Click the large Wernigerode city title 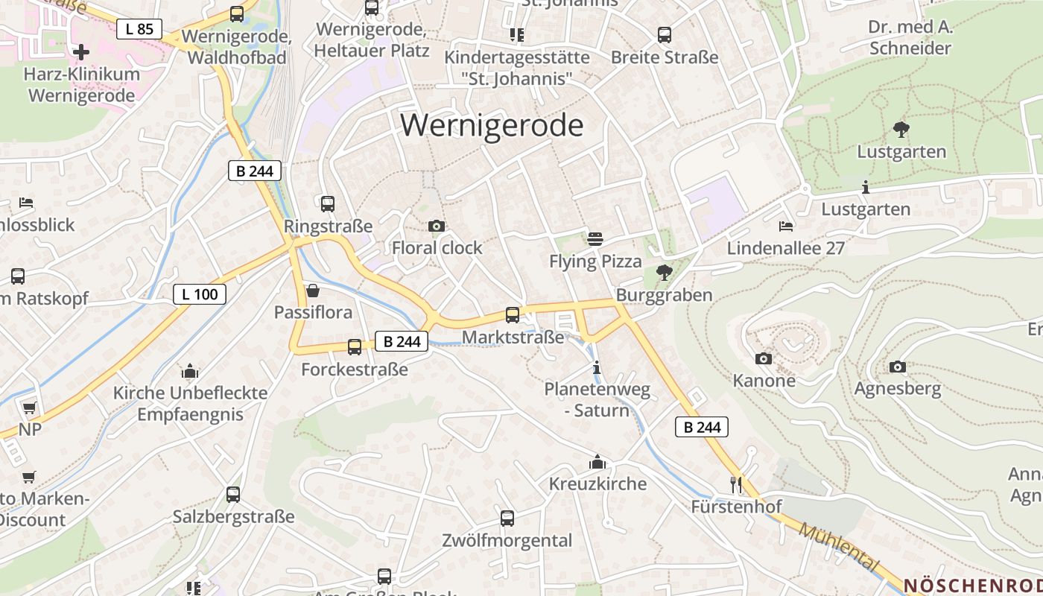pos(492,125)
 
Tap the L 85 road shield pos(139,29)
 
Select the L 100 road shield pos(200,294)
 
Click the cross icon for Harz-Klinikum pos(81,52)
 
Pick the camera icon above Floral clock pos(437,226)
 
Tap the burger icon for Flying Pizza pos(595,239)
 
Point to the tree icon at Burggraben pos(664,273)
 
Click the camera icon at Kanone pos(764,358)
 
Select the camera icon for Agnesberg pos(898,367)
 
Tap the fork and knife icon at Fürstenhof pos(736,485)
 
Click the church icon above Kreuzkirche pos(597,463)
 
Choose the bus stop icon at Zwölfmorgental pos(507,519)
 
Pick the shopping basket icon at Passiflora pos(313,291)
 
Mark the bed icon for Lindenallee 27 pos(786,226)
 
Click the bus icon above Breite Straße pos(665,35)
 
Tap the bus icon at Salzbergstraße pos(233,495)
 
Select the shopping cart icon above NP pos(29,408)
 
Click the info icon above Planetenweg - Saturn pos(596,367)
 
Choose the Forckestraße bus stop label pos(355,370)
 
